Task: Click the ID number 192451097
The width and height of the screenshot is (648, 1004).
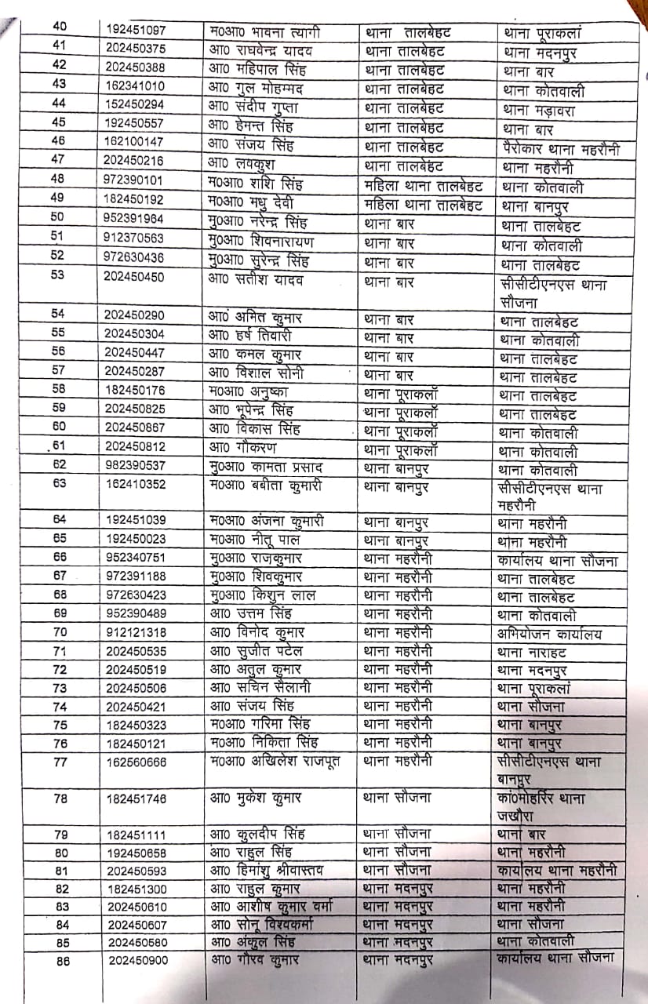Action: pos(134,31)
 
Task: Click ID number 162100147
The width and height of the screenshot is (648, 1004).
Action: pos(134,142)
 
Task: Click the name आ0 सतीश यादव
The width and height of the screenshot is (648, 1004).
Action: pos(256,280)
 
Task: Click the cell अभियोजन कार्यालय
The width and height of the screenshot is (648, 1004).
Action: pos(549,634)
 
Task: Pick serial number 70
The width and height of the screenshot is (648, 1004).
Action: pos(60,632)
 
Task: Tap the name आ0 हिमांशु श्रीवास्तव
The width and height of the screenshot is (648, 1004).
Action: pos(267,870)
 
